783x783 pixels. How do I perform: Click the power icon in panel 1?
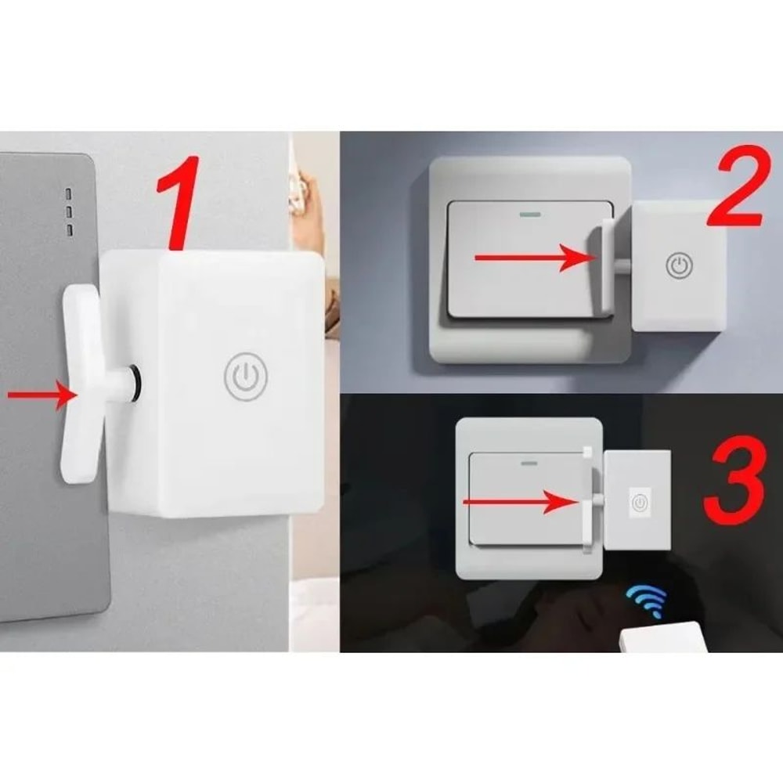coord(246,377)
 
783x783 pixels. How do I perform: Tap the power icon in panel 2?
coord(679,265)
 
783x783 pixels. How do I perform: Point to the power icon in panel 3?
coord(640,503)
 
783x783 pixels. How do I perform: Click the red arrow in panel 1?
coord(39,395)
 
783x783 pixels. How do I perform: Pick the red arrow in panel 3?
coord(521,501)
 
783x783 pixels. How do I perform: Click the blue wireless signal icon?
coord(646,601)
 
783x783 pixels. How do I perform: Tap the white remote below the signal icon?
coord(662,638)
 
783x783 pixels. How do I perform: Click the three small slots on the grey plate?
coord(68,211)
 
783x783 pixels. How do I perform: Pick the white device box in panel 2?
coord(678,265)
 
